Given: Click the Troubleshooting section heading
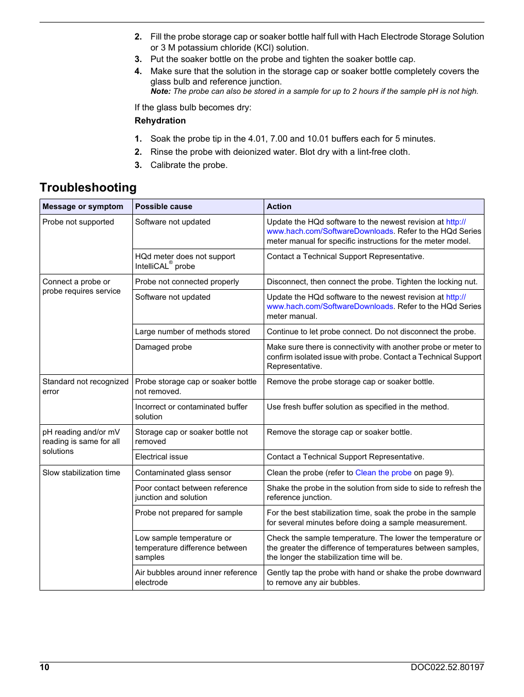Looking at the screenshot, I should tap(88, 188).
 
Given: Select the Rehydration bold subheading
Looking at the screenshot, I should tap(160, 121).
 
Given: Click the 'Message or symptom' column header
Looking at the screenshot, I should tap(83, 207).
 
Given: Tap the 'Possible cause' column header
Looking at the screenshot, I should tap(164, 207).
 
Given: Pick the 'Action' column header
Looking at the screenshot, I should tap(279, 207).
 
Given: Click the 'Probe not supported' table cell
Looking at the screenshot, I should tap(78, 222).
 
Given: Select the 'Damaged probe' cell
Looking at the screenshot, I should tap(164, 347).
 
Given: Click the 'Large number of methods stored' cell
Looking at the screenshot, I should tap(192, 332).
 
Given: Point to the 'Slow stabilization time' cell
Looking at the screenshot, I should tap(81, 473).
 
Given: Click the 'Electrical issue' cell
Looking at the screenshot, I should tap(161, 457).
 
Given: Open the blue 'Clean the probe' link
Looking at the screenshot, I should tap(383, 473).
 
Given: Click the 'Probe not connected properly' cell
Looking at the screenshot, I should tap(187, 282).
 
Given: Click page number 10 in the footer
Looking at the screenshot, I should tap(44, 667).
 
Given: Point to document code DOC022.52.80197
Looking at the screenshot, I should tap(447, 667).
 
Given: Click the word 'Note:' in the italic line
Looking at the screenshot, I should tap(160, 92).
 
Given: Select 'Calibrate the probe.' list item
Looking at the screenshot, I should tap(188, 165).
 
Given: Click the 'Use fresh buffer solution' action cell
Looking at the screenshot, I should tap(358, 407).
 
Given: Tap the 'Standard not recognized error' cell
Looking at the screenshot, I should tap(85, 386).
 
